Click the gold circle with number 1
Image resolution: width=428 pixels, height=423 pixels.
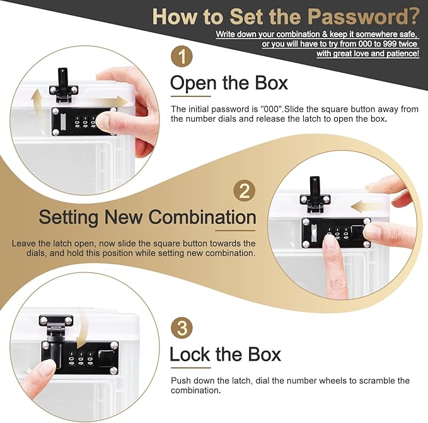coord(182,57)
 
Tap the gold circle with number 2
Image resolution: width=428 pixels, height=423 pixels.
coord(245,191)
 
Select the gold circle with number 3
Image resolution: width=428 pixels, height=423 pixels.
coord(182,328)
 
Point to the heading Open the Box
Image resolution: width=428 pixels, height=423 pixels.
coord(229,83)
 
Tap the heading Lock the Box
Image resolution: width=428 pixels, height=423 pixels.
coord(225,354)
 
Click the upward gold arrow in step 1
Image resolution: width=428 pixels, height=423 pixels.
coord(37,105)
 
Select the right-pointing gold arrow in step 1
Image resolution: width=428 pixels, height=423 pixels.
coord(109,102)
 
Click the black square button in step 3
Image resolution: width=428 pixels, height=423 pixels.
coord(106,357)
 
